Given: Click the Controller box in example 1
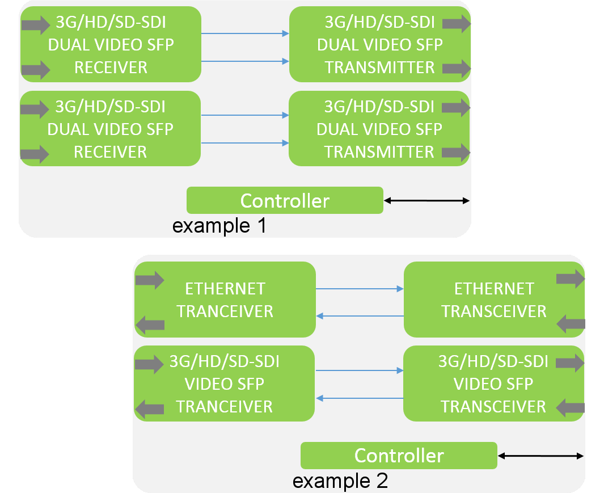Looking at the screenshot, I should pos(285,200).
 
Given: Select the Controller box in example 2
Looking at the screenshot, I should pos(399,455).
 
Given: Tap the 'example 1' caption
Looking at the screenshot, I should pos(219,226).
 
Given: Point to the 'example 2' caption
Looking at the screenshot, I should pos(340,481).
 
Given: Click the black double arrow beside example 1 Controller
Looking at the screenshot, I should pos(426,200).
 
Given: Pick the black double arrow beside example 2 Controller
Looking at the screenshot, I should pos(540,455).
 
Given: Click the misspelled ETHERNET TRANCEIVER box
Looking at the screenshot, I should pos(225,300).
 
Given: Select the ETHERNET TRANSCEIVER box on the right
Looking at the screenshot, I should pos(493,300).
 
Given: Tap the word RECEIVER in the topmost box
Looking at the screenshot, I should pos(111,68).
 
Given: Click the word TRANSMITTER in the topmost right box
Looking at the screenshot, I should pos(379,68).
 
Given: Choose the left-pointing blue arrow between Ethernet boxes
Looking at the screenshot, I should pos(359,315).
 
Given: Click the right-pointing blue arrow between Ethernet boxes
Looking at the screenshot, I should pos(359,289).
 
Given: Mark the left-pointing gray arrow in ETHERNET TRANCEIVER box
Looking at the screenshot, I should pos(150,325).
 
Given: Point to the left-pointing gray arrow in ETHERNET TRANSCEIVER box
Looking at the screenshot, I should pos(571,324).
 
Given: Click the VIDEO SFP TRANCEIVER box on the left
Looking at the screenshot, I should pos(225,384).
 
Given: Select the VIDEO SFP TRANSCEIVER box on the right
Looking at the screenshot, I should pos(493,384).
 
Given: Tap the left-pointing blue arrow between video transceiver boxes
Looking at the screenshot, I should pos(359,398).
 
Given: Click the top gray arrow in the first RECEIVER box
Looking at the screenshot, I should pos(36,24).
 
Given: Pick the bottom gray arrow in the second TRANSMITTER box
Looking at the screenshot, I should pos(456,152).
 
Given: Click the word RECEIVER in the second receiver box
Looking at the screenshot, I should pos(111,152).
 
